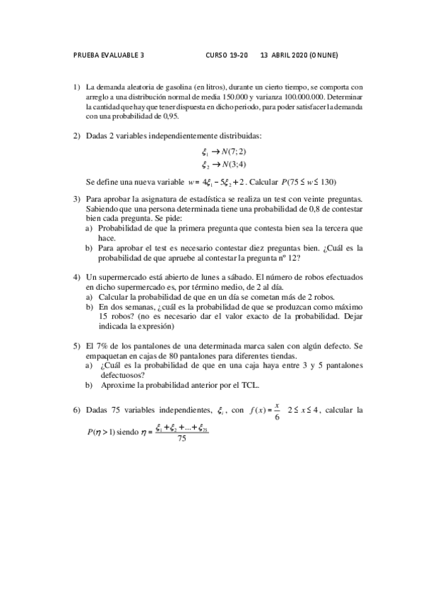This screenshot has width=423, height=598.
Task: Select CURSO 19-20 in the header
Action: [x=227, y=54]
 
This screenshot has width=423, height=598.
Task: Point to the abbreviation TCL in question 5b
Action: [x=250, y=385]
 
